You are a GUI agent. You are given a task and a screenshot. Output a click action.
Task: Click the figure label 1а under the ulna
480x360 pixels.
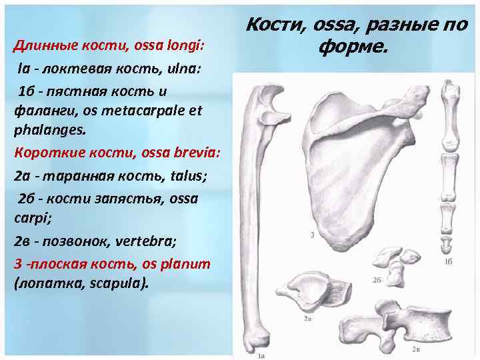click(x=261, y=356)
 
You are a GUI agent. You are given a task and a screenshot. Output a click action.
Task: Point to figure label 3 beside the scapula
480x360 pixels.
click(x=312, y=234)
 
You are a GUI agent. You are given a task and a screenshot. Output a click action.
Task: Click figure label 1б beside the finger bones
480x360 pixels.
click(x=449, y=263)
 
